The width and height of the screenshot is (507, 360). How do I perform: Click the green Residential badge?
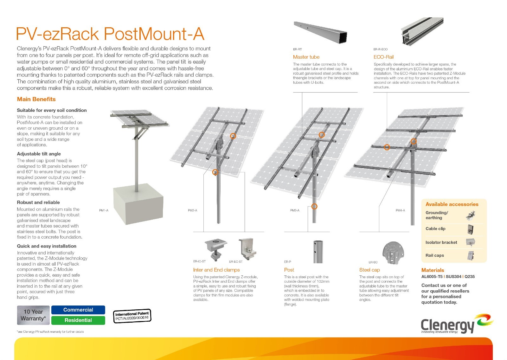click(78, 320)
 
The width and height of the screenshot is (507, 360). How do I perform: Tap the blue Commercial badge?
click(78, 310)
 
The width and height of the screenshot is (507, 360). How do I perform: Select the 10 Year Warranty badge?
click(33, 315)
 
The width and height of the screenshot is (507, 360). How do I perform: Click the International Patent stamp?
click(132, 316)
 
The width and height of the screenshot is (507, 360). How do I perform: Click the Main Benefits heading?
click(36, 99)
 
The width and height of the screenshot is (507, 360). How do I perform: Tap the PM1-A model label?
click(104, 210)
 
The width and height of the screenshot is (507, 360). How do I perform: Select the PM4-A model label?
click(400, 210)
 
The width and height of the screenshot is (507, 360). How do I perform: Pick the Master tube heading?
click(306, 57)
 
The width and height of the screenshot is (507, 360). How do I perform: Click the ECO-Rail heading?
click(383, 57)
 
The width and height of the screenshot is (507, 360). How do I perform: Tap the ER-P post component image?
click(318, 252)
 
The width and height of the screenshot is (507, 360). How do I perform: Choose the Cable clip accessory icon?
click(471, 229)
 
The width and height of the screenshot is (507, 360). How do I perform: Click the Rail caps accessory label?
click(434, 255)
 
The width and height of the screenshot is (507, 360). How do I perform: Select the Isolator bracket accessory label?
click(441, 242)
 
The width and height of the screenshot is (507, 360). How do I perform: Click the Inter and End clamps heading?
click(216, 270)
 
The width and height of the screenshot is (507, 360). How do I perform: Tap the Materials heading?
click(433, 270)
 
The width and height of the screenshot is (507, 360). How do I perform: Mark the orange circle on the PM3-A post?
click(314, 207)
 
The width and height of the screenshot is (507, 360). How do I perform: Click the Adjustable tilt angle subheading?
click(39, 154)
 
